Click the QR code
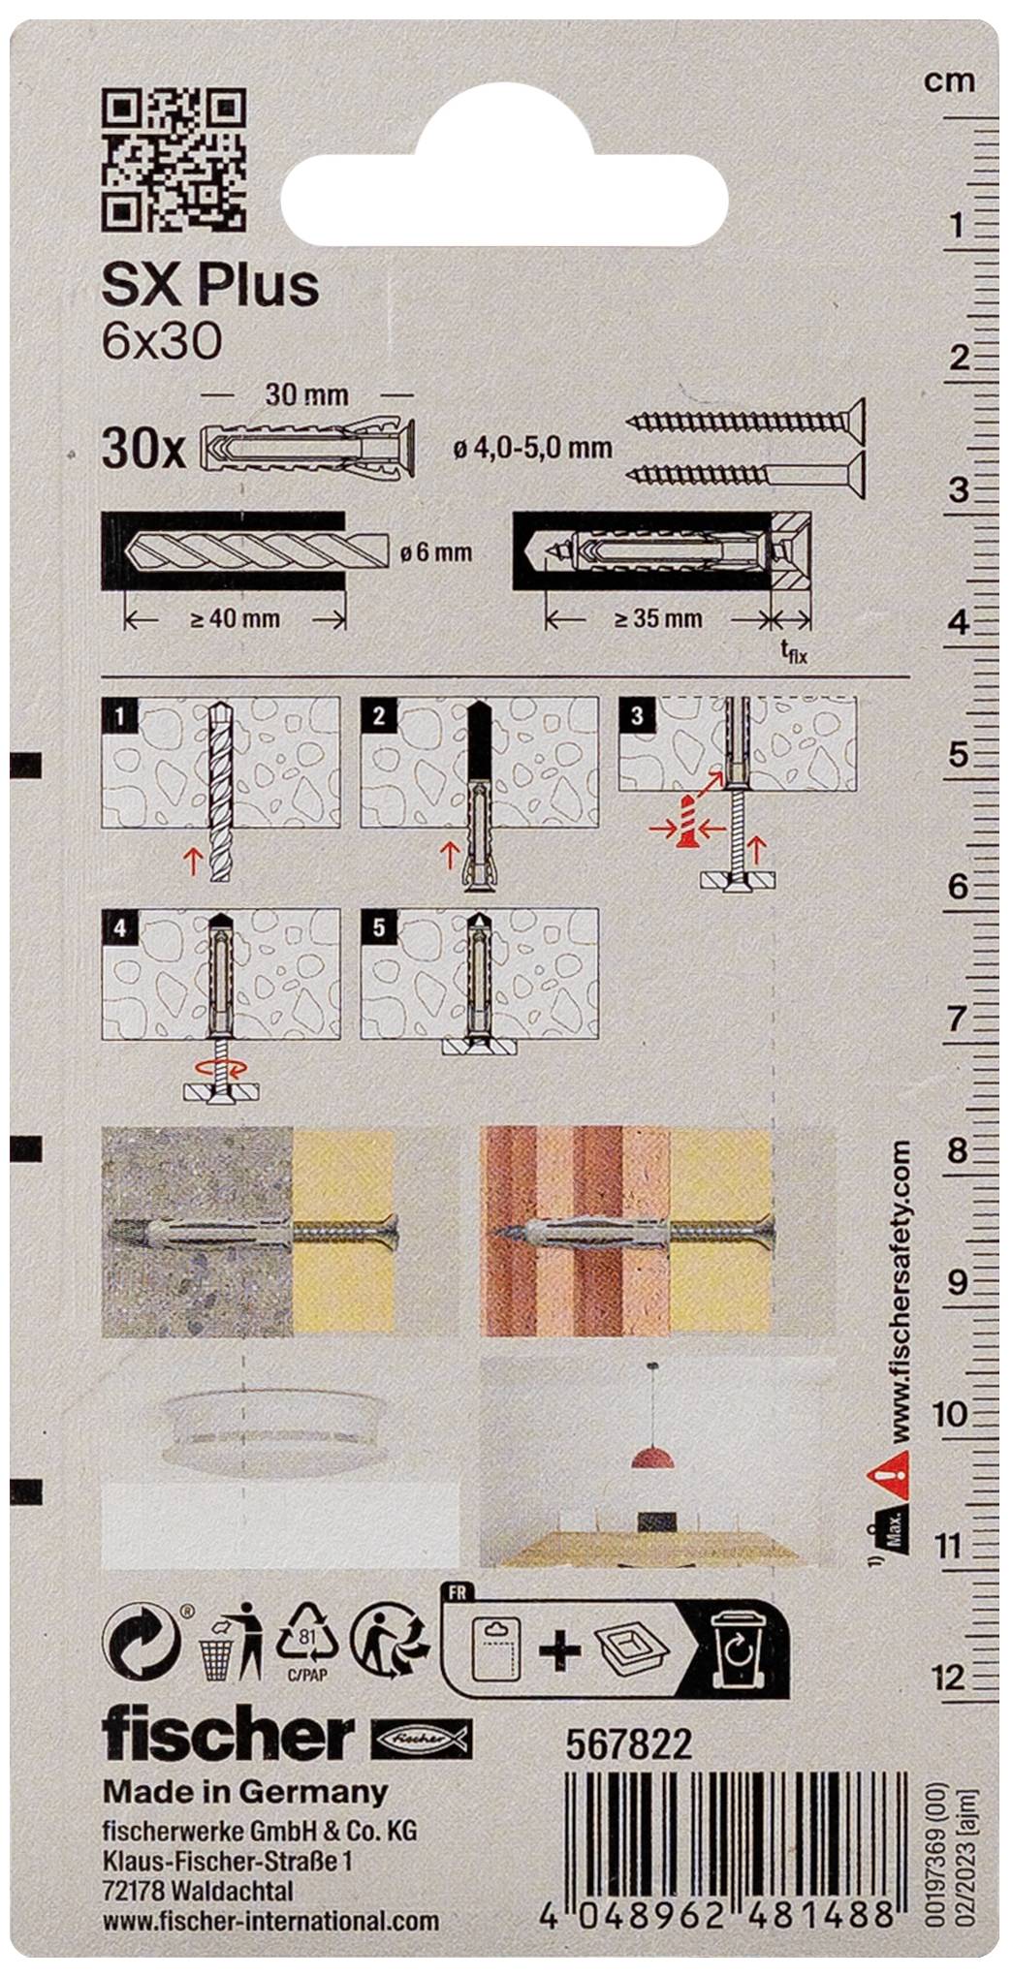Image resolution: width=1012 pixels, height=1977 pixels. (174, 160)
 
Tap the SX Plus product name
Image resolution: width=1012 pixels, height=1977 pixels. (210, 285)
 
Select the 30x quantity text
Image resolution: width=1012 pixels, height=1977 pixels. (142, 451)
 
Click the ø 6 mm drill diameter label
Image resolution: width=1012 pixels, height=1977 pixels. (435, 553)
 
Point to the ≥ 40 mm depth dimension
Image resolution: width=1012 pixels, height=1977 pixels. (235, 618)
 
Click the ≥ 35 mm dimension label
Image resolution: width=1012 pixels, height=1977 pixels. (658, 617)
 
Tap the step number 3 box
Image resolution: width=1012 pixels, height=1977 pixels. (637, 715)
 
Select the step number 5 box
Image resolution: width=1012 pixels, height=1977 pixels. (378, 926)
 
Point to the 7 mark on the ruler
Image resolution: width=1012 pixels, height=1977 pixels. (957, 1019)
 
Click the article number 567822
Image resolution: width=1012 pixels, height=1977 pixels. (628, 1744)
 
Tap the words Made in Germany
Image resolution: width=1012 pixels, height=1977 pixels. (245, 1792)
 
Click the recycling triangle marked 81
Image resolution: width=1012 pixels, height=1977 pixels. (307, 1638)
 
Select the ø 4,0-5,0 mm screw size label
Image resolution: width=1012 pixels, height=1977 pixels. (533, 448)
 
